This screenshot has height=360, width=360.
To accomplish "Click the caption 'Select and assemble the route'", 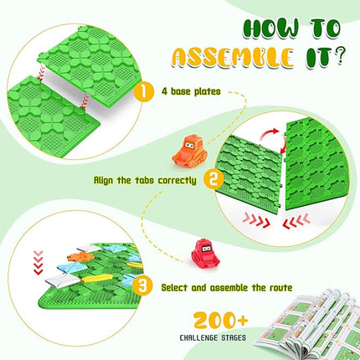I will pos(227,288).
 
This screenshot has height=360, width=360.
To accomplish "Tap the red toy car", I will pos(205,253).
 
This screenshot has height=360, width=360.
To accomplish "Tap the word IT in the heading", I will pos(313,59).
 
